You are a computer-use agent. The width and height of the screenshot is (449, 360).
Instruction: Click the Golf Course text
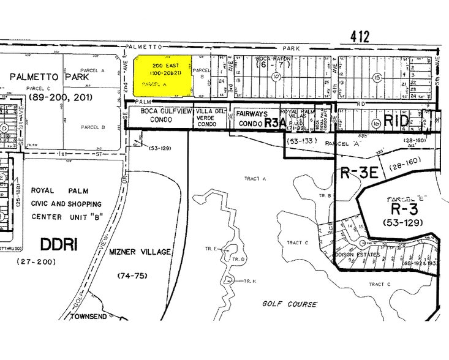(x=290, y=304)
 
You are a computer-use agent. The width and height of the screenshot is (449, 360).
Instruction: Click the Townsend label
(x=89, y=317)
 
